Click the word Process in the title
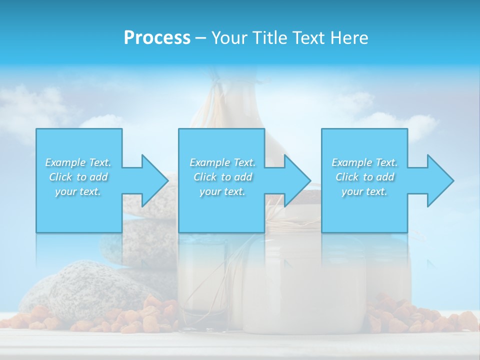click(x=157, y=38)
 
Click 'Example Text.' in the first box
click(x=78, y=162)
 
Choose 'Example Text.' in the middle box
click(x=222, y=162)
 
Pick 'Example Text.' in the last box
click(x=364, y=162)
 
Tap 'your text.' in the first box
click(x=78, y=191)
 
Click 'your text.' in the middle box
click(x=222, y=191)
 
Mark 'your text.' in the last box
click(x=364, y=191)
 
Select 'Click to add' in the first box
click(x=78, y=177)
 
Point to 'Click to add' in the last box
click(x=364, y=177)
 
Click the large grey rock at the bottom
click(x=85, y=290)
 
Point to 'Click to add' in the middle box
click(x=222, y=177)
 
